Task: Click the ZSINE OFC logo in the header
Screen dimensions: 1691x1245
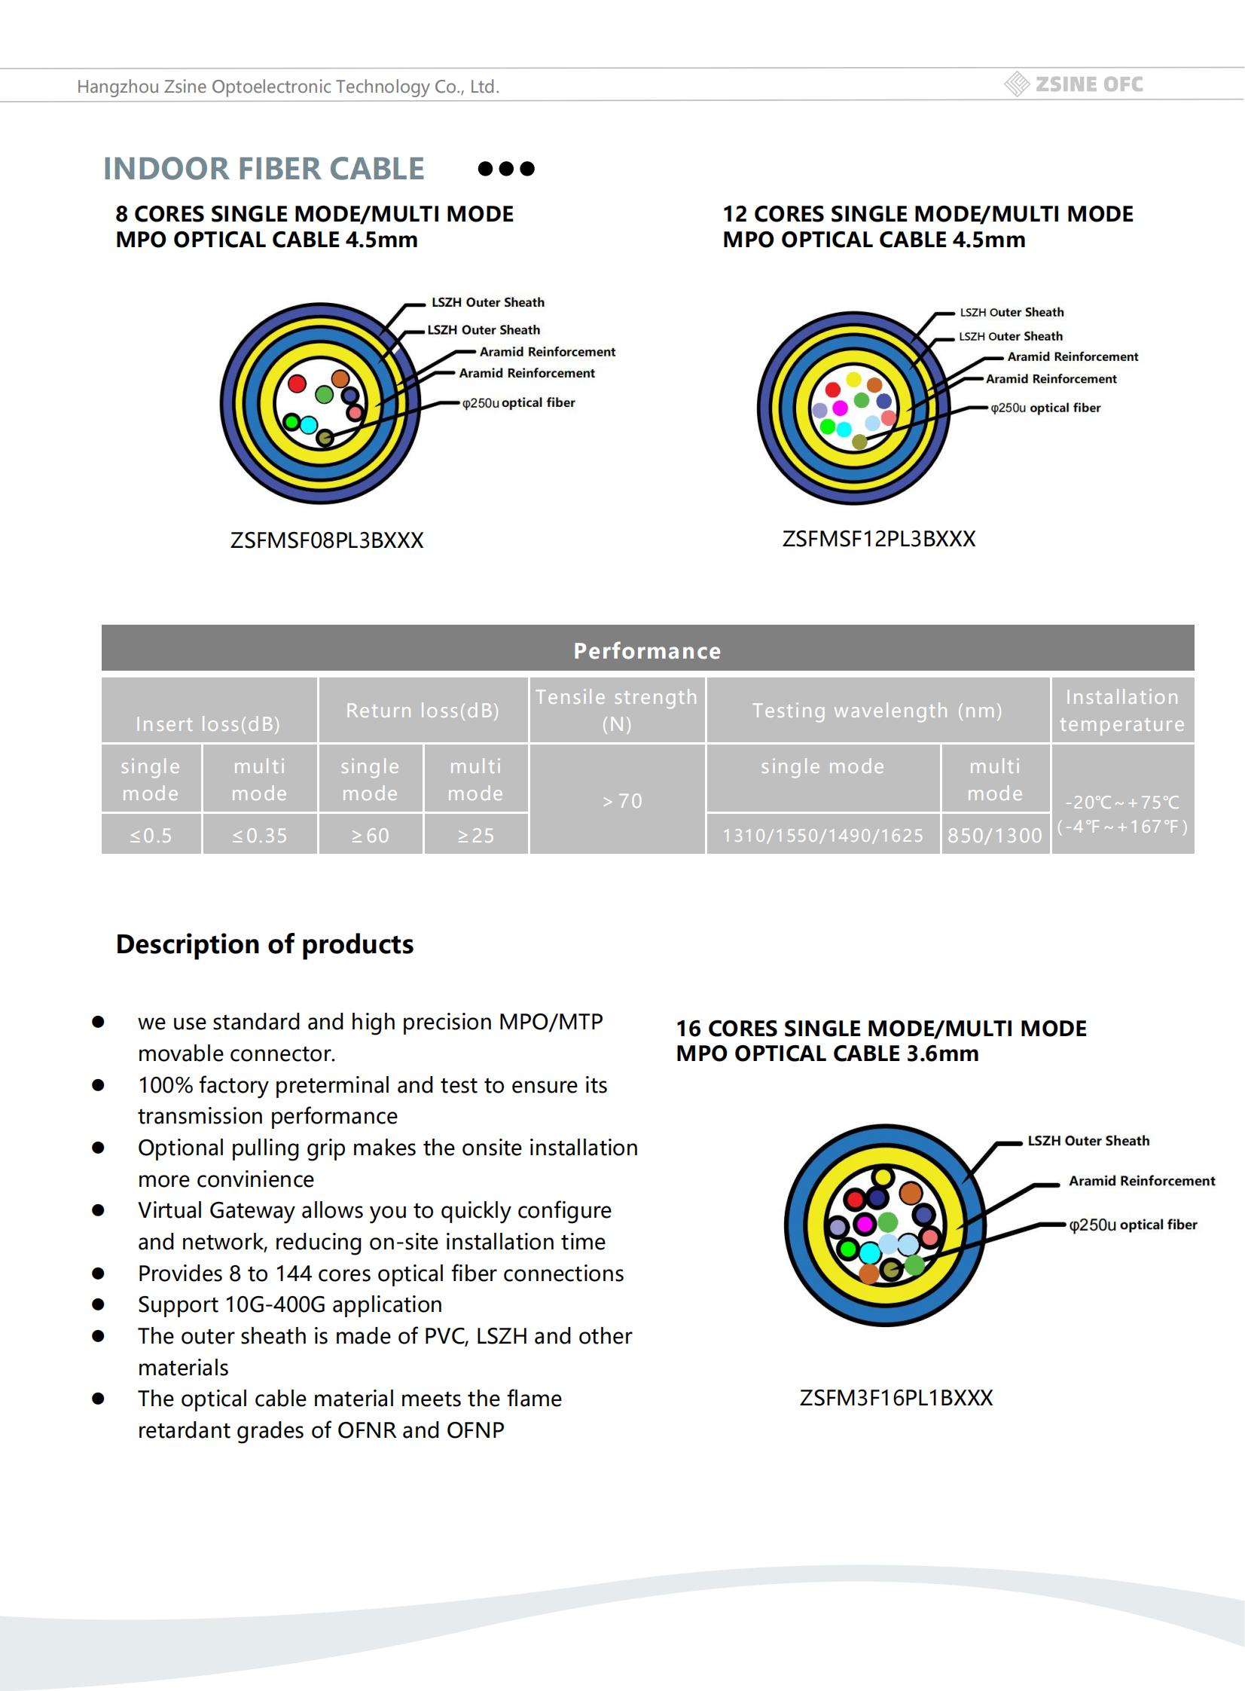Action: tap(1075, 84)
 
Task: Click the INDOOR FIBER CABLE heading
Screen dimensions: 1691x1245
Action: tap(263, 169)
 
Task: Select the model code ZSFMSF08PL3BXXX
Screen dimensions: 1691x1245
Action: tap(326, 540)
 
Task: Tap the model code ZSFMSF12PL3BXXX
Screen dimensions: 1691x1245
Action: tap(879, 539)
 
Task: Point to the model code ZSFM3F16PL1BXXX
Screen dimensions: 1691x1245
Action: tap(896, 1398)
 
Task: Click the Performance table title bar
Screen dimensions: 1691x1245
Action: tap(648, 650)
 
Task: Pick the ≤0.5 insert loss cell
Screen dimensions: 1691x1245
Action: tap(151, 835)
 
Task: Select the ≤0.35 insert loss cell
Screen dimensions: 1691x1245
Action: tap(259, 835)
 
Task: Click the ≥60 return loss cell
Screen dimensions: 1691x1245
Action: tap(370, 835)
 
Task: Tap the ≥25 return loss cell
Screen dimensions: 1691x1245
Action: tap(475, 835)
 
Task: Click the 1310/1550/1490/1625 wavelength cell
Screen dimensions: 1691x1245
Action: tap(822, 835)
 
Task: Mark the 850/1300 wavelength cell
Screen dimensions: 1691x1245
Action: tap(994, 835)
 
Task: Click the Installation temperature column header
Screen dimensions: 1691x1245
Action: tap(1121, 710)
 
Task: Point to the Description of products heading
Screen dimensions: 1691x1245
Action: tap(264, 944)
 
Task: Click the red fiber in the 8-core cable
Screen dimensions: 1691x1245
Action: tap(297, 384)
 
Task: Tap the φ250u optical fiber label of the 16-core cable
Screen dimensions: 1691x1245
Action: tap(1133, 1225)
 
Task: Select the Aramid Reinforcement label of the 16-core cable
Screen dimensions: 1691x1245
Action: tap(1141, 1182)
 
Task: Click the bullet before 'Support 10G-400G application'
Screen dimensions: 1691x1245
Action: tap(98, 1304)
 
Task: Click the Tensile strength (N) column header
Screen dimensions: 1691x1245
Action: tap(616, 710)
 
